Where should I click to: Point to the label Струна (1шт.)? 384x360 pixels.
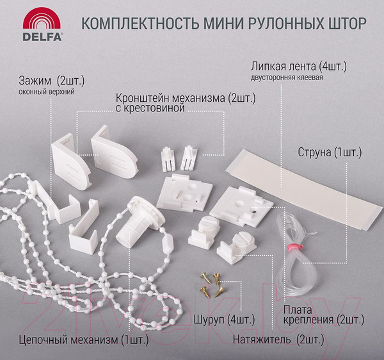330,154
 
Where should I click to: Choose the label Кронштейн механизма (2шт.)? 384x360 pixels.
186,99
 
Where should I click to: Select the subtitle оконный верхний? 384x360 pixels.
47,92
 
